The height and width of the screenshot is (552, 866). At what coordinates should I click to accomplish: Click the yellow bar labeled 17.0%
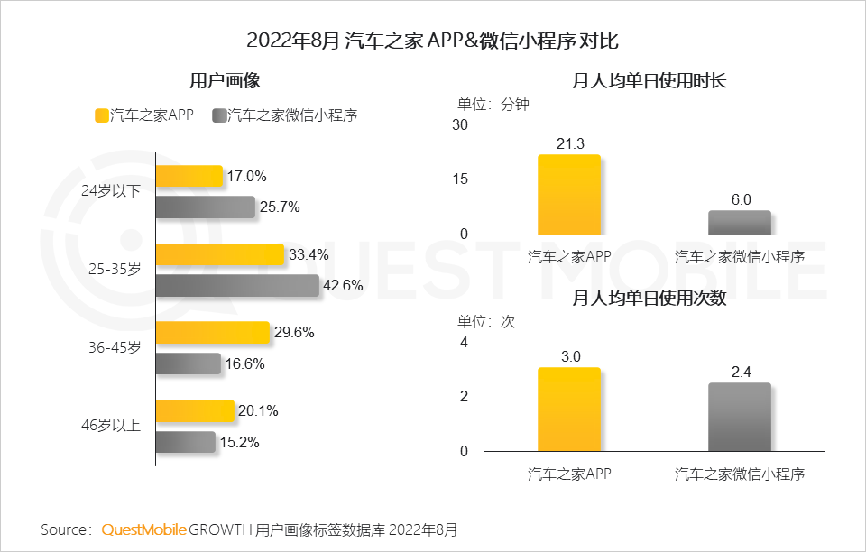pos(189,176)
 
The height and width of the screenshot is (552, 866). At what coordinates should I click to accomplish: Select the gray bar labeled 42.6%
pos(237,286)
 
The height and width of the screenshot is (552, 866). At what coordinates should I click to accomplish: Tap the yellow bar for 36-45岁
pos(213,332)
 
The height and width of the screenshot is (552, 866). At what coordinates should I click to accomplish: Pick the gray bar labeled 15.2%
pos(186,442)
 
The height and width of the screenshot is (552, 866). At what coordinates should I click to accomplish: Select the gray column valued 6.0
pos(740,223)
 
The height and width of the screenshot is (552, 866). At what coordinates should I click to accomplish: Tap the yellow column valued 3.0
pos(568,409)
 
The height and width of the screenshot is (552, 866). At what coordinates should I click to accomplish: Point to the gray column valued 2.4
pos(740,417)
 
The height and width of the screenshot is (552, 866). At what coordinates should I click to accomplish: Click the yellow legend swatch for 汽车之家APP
pos(101,115)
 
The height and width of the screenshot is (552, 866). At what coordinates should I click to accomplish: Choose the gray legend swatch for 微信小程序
pos(218,115)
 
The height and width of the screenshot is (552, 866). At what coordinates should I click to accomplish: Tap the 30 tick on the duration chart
pos(460,124)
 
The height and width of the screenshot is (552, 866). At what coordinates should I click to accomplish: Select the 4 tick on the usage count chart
pos(464,343)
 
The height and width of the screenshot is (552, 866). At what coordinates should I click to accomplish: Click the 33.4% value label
pos(309,254)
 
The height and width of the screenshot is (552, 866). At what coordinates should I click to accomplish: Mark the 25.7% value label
pos(280,207)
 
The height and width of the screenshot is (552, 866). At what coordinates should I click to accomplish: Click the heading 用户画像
pos(225,80)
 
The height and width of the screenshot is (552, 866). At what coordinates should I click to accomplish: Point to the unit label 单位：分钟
pos(493,104)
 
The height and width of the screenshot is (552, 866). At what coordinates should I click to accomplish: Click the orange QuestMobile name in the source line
pos(144,529)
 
